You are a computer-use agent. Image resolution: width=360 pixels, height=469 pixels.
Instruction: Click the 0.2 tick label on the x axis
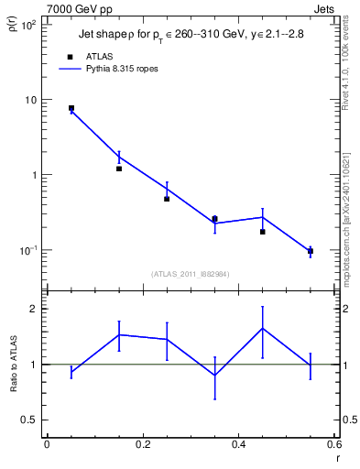click(142, 444)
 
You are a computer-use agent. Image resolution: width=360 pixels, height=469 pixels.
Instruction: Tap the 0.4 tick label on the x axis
click(238, 444)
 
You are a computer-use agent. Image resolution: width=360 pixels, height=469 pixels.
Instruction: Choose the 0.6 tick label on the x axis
click(333, 444)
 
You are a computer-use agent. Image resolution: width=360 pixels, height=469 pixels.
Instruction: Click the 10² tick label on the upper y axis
click(29, 25)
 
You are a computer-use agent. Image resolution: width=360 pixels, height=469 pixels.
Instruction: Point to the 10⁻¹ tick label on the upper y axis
click(28, 250)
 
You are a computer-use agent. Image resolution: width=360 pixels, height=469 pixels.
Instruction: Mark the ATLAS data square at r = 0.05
click(71, 108)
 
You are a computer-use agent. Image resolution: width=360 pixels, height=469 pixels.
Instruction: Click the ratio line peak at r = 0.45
click(263, 328)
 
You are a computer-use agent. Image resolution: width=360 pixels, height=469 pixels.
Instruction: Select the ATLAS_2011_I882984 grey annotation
click(190, 273)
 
